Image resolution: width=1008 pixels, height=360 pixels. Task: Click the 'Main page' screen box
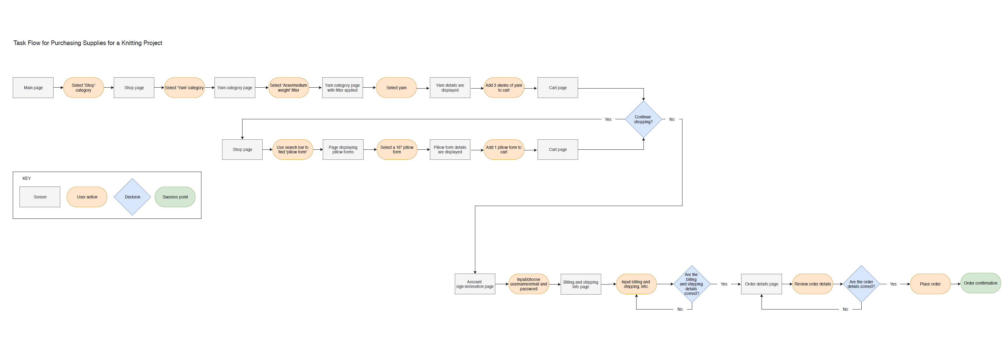[x=33, y=88]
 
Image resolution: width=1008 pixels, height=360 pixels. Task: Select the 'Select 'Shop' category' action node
[x=83, y=88]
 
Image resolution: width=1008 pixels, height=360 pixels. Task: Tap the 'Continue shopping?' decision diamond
[x=643, y=119]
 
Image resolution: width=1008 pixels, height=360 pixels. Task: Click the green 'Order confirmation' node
[x=980, y=283]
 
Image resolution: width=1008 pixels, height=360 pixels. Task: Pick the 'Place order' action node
[x=930, y=284]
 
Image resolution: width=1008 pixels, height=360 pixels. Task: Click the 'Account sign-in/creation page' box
[x=475, y=284]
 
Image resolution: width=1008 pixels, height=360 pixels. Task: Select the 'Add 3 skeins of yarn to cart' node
[x=504, y=88]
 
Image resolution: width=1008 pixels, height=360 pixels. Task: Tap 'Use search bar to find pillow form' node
[x=292, y=149]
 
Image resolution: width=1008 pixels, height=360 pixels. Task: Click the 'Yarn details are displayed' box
[x=450, y=88]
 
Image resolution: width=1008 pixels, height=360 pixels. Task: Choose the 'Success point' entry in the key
[x=175, y=197]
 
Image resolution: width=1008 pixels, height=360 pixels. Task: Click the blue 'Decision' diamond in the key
[x=132, y=197]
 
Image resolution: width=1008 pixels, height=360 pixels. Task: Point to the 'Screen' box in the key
[x=40, y=197]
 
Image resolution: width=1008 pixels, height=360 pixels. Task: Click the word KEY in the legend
[x=26, y=178]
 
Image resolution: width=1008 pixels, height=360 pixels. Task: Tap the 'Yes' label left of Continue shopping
[x=608, y=119]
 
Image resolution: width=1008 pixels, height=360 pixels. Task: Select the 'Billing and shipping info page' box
[x=581, y=284]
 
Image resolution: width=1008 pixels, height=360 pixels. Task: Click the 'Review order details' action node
[x=812, y=284]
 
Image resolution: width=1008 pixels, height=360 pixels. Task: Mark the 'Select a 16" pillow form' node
[x=397, y=149]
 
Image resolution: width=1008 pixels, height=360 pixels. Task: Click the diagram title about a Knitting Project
[x=88, y=43]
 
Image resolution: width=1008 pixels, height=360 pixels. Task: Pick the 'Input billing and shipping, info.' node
[x=636, y=284]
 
